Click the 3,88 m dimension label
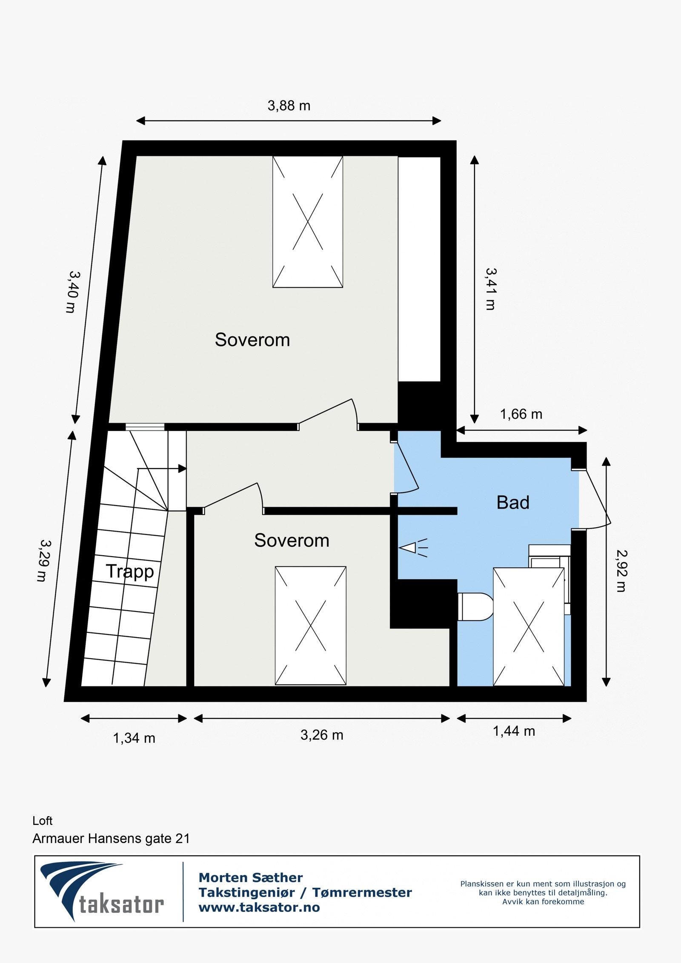pyautogui.click(x=289, y=106)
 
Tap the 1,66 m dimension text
pyautogui.click(x=521, y=414)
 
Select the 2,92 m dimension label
pyautogui.click(x=621, y=571)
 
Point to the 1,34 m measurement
pyautogui.click(x=134, y=738)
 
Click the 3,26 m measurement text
pyautogui.click(x=322, y=735)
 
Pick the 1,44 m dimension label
pyautogui.click(x=514, y=731)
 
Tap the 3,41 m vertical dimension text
pyautogui.click(x=491, y=289)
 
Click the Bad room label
pyautogui.click(x=513, y=503)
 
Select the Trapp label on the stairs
pyautogui.click(x=130, y=571)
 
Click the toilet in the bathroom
pyautogui.click(x=475, y=607)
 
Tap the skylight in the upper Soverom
pyautogui.click(x=308, y=222)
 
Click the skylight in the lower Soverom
pyautogui.click(x=310, y=626)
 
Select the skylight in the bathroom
pyautogui.click(x=529, y=627)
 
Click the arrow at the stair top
pyautogui.click(x=182, y=469)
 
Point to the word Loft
pyautogui.click(x=43, y=820)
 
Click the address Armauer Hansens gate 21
pyautogui.click(x=111, y=838)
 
